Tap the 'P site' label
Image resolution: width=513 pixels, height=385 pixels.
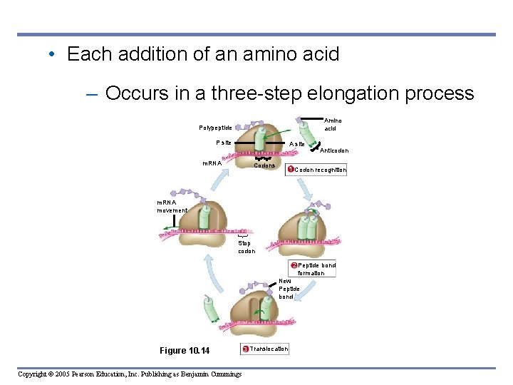coord(223,143)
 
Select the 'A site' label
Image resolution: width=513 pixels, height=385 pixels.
coord(297,144)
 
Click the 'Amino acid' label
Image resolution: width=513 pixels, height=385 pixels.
coord(333,125)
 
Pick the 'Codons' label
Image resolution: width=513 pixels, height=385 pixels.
coord(264,165)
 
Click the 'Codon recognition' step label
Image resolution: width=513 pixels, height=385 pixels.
coord(320,170)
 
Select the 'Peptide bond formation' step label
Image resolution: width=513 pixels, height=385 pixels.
coord(316,269)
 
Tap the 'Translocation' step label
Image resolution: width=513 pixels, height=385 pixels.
coord(269,349)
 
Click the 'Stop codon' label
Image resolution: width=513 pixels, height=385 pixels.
coord(246,247)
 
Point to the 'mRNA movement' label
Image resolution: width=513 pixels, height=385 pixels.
coord(172,206)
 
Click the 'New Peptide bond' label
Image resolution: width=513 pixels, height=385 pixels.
coord(289,289)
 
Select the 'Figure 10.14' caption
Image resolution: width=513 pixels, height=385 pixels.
coord(185,350)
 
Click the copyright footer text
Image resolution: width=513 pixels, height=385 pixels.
coord(129,374)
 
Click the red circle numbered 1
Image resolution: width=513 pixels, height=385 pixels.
coord(290,170)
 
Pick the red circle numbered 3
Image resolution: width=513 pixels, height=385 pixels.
coord(246,349)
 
